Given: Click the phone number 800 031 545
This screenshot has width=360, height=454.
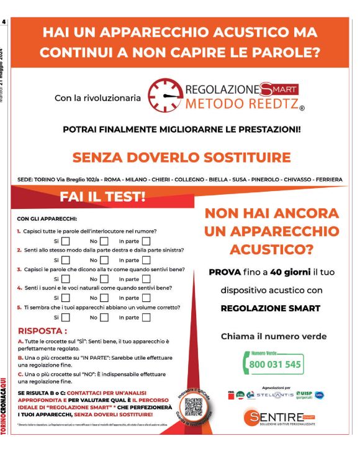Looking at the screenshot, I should coord(276,365).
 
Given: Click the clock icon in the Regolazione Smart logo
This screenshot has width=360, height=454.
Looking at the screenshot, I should coord(164,96).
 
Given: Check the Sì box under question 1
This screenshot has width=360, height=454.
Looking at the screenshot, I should coord(66,241).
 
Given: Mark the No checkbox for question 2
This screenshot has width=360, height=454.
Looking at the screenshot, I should coord(104,260).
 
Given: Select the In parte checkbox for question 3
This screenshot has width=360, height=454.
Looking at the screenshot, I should coord(146,279).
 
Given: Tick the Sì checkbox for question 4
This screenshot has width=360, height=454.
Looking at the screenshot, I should coord(66,298).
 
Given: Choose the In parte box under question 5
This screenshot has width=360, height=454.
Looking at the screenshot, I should coord(146,318).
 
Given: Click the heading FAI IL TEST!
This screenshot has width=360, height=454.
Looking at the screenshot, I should coord(102,197).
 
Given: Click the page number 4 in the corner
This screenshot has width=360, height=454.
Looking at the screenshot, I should coord(4,22).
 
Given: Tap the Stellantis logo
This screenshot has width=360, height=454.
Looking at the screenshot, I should coord(274,394).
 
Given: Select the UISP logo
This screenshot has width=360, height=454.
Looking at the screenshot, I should coord(304,394).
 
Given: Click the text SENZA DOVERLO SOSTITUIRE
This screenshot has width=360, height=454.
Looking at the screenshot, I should coord(181,157).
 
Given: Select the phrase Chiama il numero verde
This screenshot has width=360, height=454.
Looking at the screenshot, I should coord(274,337).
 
